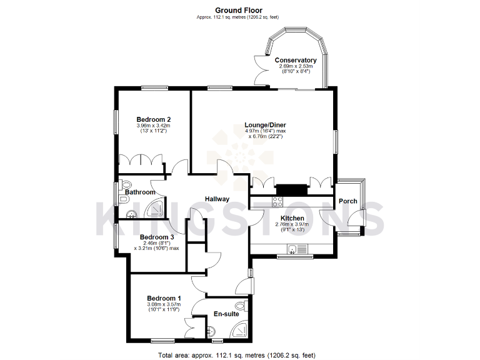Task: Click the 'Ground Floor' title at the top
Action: [x=239, y=10]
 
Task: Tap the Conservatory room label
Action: [x=296, y=61]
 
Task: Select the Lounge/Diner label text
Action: [x=265, y=125]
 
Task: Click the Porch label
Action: [x=347, y=201]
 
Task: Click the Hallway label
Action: [x=217, y=199]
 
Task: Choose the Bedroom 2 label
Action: [x=154, y=119]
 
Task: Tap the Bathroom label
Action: [x=140, y=192]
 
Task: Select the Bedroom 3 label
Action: [x=156, y=237]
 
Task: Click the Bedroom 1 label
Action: [x=164, y=298]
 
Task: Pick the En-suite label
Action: [x=226, y=314]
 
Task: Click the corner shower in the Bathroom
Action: [x=159, y=209]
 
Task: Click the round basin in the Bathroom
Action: [x=132, y=215]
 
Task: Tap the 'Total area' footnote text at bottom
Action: [x=237, y=355]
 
